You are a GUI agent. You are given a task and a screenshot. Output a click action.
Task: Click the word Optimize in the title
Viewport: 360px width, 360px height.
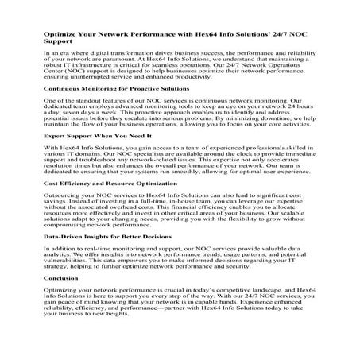point(60,35)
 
